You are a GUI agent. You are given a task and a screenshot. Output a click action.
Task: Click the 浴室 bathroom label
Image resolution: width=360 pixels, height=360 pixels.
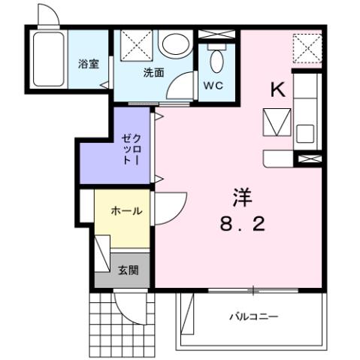coord(88,64)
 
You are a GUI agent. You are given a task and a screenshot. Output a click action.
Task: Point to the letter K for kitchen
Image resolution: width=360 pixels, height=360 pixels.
coord(277,90)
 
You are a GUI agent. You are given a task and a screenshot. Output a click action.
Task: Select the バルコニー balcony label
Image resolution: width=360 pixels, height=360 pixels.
coord(253,316)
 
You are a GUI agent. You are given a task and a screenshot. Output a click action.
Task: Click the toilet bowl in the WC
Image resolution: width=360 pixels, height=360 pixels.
coord(218,60)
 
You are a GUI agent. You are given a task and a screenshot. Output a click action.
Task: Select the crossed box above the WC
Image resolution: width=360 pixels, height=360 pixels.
coord(217,34)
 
